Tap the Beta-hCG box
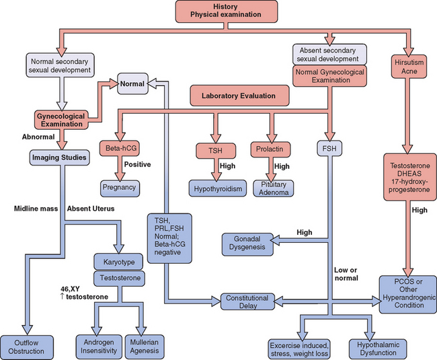pyautogui.click(x=119, y=148)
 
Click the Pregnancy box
pyautogui.click(x=119, y=187)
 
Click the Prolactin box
pyautogui.click(x=272, y=148)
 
